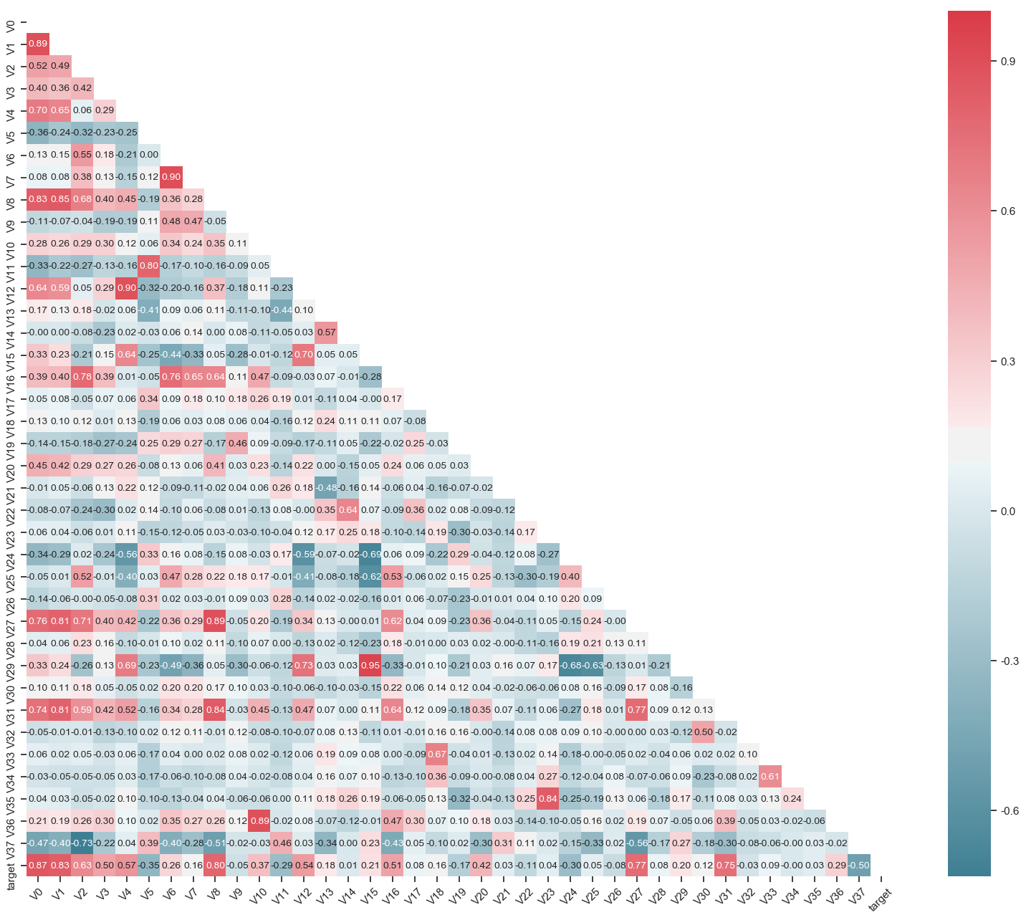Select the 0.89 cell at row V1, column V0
click(x=38, y=44)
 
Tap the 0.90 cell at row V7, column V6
click(x=171, y=177)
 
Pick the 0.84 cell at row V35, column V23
click(x=548, y=798)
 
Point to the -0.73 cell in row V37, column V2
click(x=82, y=843)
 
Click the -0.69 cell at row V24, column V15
click(x=370, y=554)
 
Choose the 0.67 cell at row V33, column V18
click(x=437, y=754)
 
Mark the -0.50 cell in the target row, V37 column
click(x=859, y=865)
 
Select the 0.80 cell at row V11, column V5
click(x=149, y=266)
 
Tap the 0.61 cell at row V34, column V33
click(x=770, y=776)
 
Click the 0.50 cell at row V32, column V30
click(x=704, y=732)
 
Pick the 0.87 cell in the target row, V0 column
click(x=38, y=865)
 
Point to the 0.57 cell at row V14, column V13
click(x=327, y=332)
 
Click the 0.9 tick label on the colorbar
click(x=1007, y=62)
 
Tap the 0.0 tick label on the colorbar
click(x=1007, y=511)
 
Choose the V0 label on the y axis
click(x=11, y=26)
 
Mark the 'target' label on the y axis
click(x=11, y=871)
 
